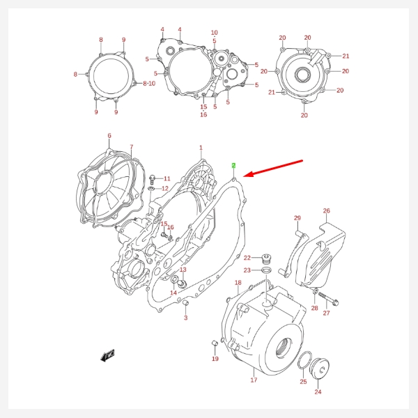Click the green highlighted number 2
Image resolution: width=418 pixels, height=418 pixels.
(234, 166)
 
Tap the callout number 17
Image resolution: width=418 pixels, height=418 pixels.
(254, 380)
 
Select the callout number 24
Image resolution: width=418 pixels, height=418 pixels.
(318, 392)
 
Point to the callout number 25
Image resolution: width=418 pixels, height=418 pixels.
(303, 382)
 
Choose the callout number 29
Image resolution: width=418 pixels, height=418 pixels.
(297, 218)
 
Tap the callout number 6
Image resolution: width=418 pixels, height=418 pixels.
(109, 136)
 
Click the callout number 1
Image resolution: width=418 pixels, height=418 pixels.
(201, 148)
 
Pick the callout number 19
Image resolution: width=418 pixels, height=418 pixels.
(215, 359)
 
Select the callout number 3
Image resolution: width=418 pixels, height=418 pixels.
(186, 318)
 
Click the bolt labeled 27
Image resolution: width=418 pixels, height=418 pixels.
(334, 302)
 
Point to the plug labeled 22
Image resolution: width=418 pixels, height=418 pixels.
(265, 258)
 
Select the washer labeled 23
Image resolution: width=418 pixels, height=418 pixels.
(266, 270)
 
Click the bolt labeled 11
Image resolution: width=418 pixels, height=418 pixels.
(153, 179)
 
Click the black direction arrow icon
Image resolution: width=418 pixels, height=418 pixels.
(107, 357)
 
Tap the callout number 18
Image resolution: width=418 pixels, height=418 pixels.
(238, 283)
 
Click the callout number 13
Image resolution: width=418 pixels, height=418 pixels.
(183, 270)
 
